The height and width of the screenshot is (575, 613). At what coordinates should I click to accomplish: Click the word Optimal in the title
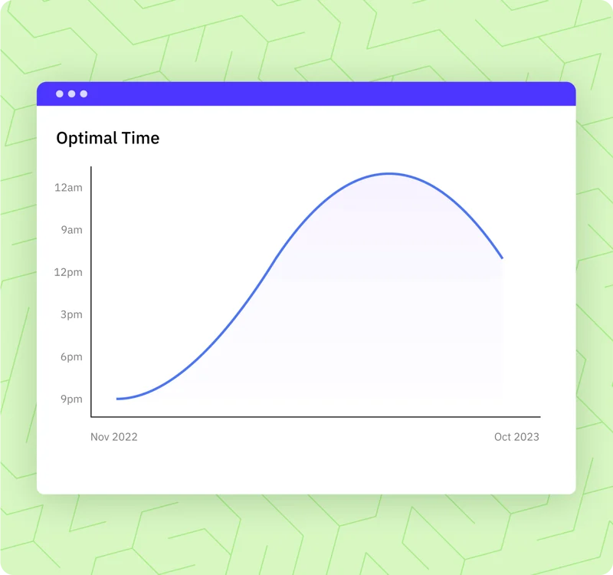pos(87,139)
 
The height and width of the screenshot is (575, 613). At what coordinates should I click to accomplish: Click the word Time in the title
pos(141,138)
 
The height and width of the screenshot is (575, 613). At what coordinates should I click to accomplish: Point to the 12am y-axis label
pos(68,188)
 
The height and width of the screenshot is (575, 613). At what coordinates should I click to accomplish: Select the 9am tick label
pos(71,230)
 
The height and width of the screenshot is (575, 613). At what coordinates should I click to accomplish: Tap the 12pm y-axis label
pos(68,273)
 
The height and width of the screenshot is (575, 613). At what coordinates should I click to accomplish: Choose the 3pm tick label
pos(71,315)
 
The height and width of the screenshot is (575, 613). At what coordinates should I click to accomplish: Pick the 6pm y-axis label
pos(71,357)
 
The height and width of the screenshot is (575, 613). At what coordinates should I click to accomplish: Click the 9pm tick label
pos(71,399)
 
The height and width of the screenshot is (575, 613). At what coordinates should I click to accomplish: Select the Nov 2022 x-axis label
pos(113,437)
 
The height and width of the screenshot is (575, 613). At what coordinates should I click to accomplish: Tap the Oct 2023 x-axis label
pos(516,437)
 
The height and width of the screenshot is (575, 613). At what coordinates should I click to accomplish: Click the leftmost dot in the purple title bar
pos(60,94)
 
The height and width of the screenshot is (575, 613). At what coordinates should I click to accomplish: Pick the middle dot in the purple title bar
pos(71,94)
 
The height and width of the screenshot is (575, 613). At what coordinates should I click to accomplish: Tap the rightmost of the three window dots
pos(84,94)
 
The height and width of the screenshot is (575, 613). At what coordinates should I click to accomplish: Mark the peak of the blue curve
pos(389,173)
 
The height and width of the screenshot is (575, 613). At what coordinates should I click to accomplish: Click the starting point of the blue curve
pos(117,399)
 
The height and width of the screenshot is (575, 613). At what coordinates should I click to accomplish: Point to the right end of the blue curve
pos(503,258)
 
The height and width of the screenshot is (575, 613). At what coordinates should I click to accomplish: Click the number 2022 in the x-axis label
pos(124,437)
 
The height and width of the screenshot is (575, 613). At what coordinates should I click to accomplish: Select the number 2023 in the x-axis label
pos(526,437)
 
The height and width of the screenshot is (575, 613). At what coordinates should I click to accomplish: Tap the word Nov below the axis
pos(99,437)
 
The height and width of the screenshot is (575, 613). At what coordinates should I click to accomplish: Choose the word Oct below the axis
pos(502,437)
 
